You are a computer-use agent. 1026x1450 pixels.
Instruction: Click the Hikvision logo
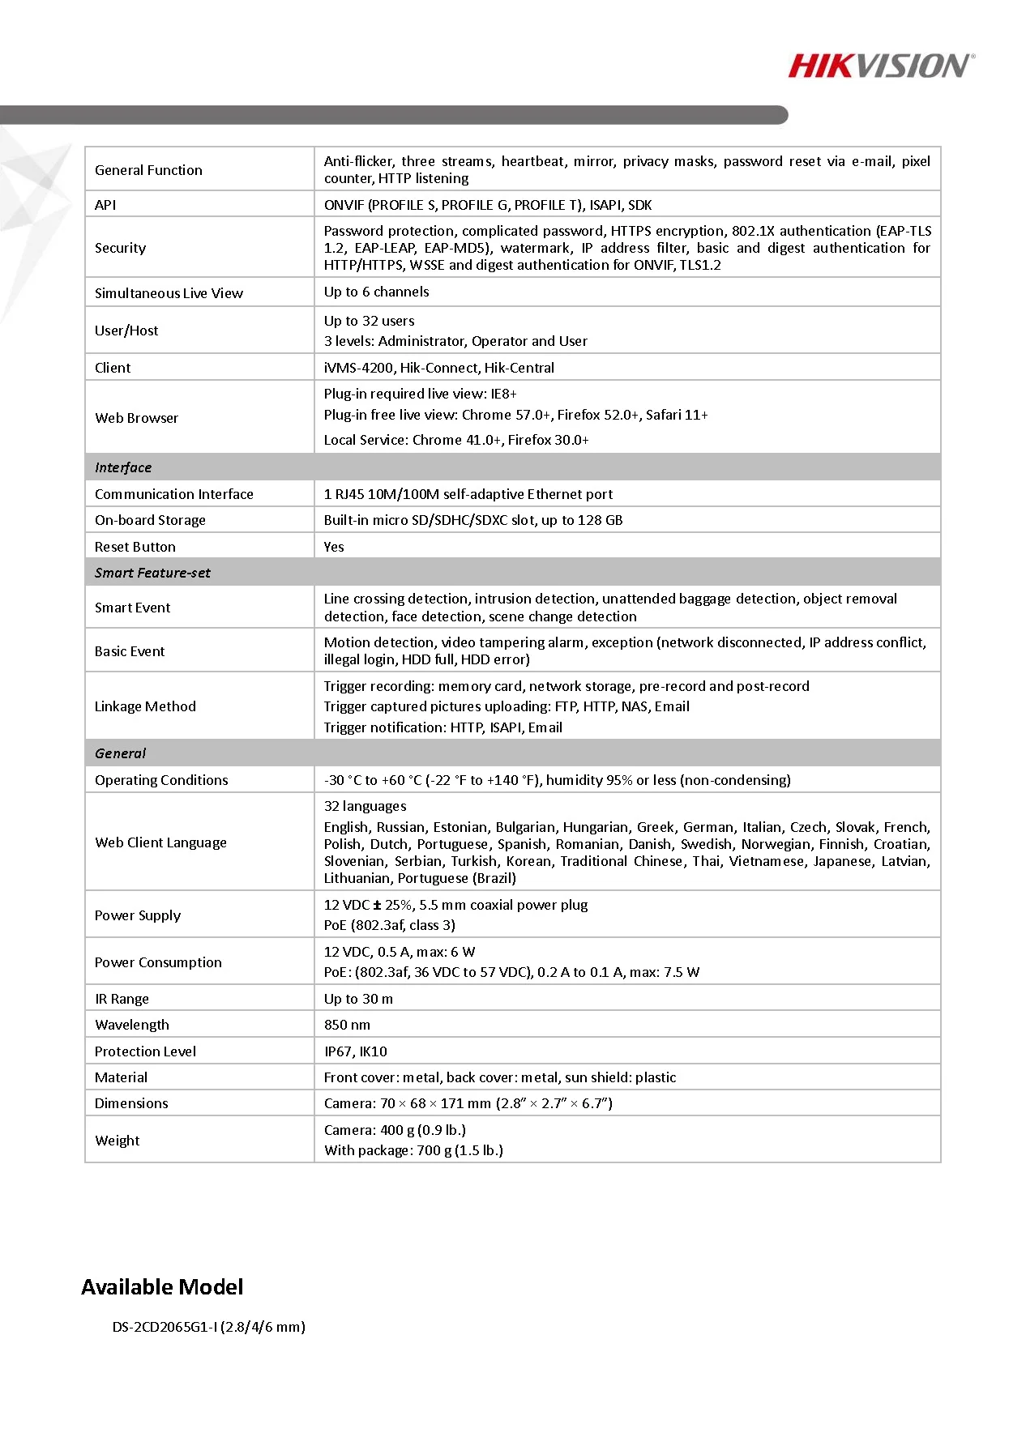tap(881, 66)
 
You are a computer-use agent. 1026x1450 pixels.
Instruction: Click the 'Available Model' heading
tap(162, 1286)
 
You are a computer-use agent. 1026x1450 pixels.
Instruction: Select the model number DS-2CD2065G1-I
tap(165, 1327)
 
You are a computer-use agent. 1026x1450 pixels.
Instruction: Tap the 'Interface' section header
tap(123, 467)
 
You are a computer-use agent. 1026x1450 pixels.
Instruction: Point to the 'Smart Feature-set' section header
tap(152, 573)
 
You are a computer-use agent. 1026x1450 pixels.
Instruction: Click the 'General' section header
tap(120, 753)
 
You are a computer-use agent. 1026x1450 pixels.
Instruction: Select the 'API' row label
tap(105, 205)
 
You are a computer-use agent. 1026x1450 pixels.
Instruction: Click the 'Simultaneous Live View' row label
tap(169, 293)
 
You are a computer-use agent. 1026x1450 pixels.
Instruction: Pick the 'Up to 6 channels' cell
tap(376, 292)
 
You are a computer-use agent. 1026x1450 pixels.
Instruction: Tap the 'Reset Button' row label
tap(135, 547)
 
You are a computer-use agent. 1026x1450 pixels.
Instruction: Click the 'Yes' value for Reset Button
tap(334, 547)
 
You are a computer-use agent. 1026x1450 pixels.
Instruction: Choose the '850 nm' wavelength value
tap(347, 1025)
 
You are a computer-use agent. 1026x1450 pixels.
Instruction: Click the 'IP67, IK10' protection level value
tap(355, 1051)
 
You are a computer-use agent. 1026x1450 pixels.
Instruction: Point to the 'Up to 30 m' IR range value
tap(358, 999)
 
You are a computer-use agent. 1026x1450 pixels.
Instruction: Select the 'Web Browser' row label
tap(136, 418)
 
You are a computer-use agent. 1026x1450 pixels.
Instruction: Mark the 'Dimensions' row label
tap(131, 1103)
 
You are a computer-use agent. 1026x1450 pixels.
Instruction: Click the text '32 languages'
tap(365, 806)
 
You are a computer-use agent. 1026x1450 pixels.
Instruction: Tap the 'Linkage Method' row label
tap(145, 706)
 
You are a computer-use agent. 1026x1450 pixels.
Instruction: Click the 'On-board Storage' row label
tap(150, 520)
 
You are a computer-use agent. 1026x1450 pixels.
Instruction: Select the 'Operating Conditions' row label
tap(161, 780)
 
